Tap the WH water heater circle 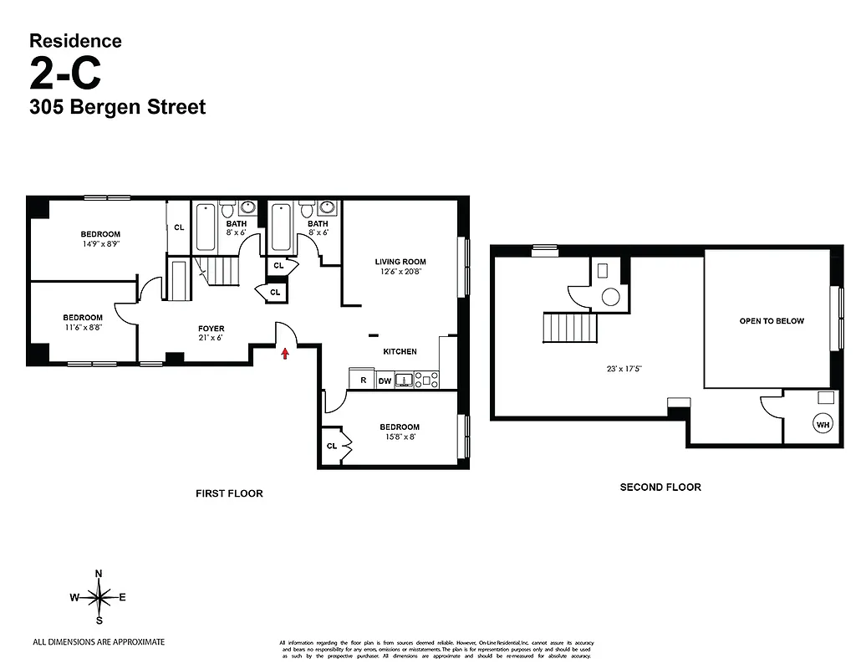point(823,425)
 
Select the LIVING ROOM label point(400,262)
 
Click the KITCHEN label point(400,351)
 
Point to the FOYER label point(211,329)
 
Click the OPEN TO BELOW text point(772,321)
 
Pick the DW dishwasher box point(385,381)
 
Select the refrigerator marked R point(363,380)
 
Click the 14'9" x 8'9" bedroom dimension point(100,244)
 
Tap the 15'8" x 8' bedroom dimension point(399,437)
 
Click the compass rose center point(99,597)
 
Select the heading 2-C point(65,74)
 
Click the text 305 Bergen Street point(117,107)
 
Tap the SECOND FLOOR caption point(660,487)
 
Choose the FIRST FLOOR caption point(229,493)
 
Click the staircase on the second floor point(570,327)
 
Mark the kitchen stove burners point(426,380)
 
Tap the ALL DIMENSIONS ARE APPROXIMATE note point(99,642)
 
